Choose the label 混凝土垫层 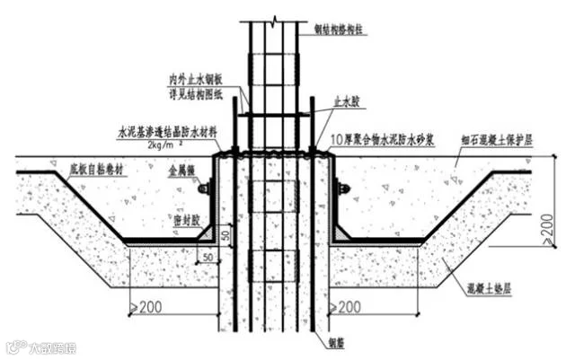tap(495, 289)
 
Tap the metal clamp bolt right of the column tap(342, 189)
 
